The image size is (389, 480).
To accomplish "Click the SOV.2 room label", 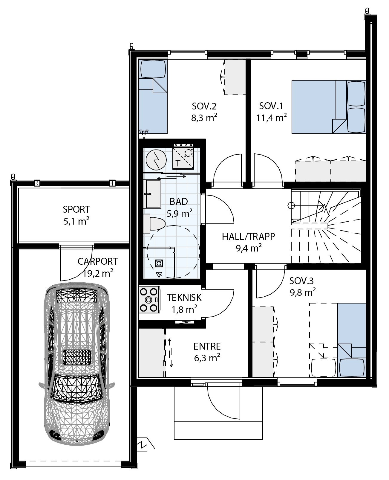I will (x=204, y=106).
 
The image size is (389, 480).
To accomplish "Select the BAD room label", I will (x=179, y=201).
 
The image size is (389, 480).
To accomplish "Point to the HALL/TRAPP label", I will (x=248, y=237).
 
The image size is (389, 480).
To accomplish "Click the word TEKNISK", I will (x=184, y=298).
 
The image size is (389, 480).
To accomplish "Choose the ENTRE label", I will (x=207, y=346).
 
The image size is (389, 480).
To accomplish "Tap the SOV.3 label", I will (x=301, y=281).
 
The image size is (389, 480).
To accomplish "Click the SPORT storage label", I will (x=76, y=209).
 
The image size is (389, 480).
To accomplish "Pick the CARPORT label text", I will (x=98, y=261).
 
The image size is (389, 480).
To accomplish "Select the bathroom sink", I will (x=153, y=194).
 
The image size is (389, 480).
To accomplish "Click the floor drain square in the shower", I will (x=159, y=263).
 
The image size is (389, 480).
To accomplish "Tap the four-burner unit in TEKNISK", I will (x=149, y=299).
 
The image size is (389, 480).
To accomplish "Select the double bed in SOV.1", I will (x=328, y=106).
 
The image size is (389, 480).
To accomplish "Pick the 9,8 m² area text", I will (x=303, y=292).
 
